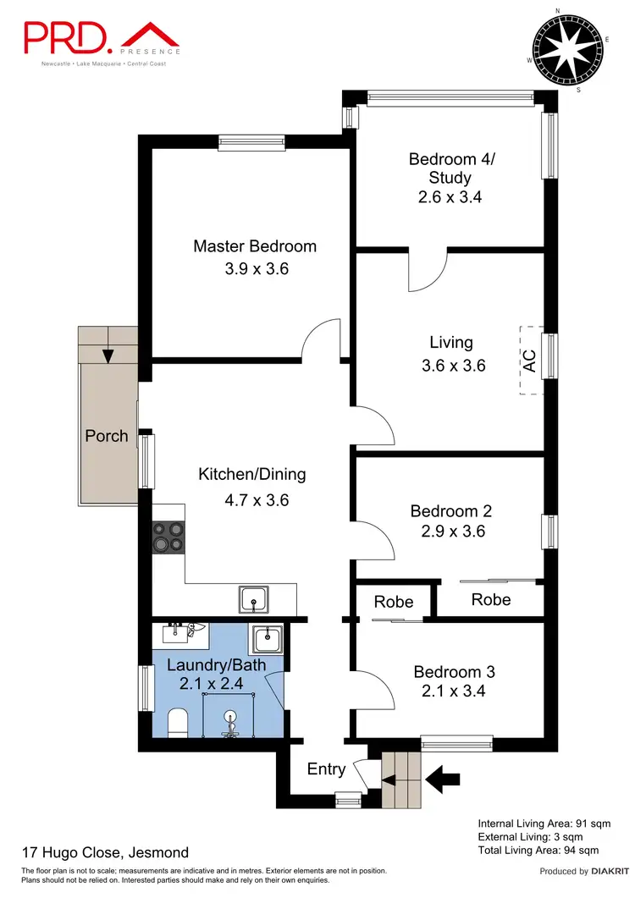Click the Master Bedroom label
pos(255,246)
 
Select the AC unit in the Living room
pos(531,361)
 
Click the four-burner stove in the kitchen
pos(168,537)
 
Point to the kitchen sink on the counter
pos(253,599)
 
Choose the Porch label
pos(107,437)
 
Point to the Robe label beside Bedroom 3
pos(394,602)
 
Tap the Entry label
pos(326,769)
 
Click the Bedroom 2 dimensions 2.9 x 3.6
pos(450,532)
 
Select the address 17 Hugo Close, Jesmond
pos(105,852)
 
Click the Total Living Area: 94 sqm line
pos(538,850)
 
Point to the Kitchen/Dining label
pos(251,474)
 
